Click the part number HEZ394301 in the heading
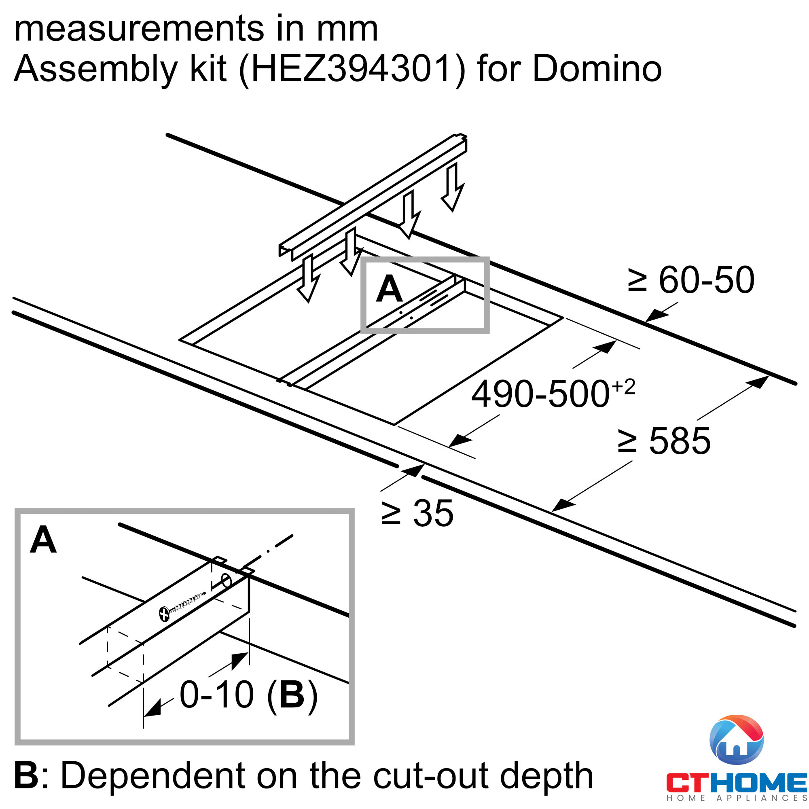pyautogui.click(x=352, y=69)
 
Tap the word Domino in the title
pyautogui.click(x=597, y=68)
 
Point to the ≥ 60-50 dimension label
pyautogui.click(x=691, y=280)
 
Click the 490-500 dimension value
pyautogui.click(x=540, y=394)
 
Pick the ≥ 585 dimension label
pyautogui.click(x=664, y=441)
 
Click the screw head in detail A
pyautogui.click(x=165, y=615)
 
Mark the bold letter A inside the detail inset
pyautogui.click(x=43, y=540)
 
